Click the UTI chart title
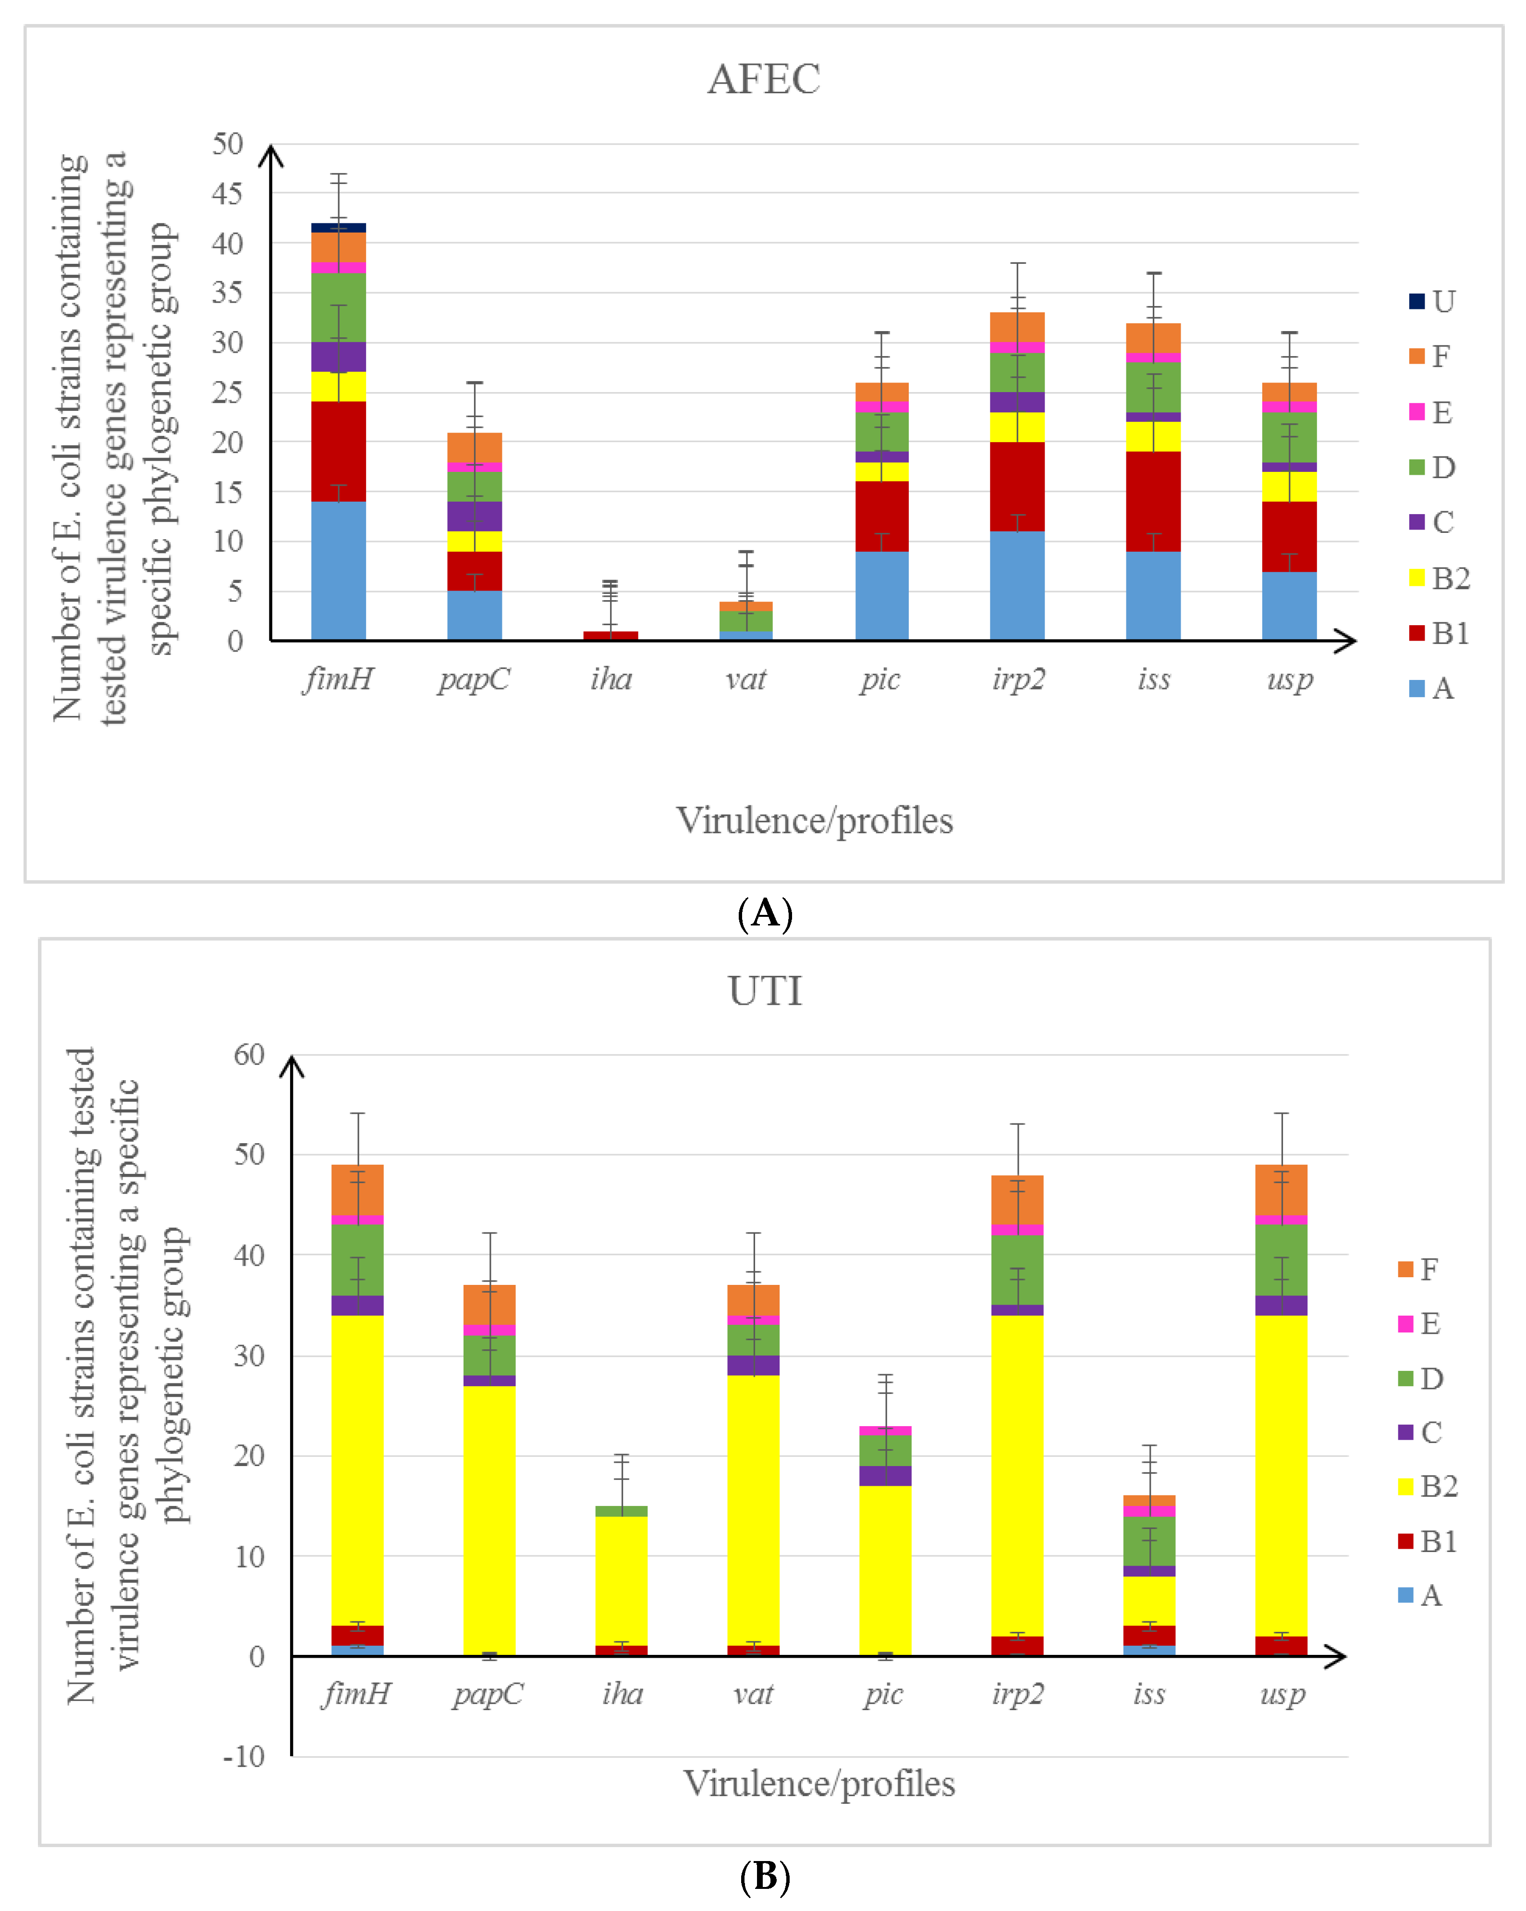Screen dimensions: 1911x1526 point(765,990)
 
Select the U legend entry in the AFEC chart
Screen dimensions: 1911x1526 point(1431,301)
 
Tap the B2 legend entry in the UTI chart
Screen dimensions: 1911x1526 point(1427,1486)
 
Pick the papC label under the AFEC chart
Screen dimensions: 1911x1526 point(474,679)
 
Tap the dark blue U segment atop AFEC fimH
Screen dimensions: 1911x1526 point(339,228)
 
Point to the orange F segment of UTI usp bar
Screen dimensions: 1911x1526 point(1282,1189)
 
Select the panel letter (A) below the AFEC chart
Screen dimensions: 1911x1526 point(764,913)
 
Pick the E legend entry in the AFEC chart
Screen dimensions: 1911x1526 point(1431,412)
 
